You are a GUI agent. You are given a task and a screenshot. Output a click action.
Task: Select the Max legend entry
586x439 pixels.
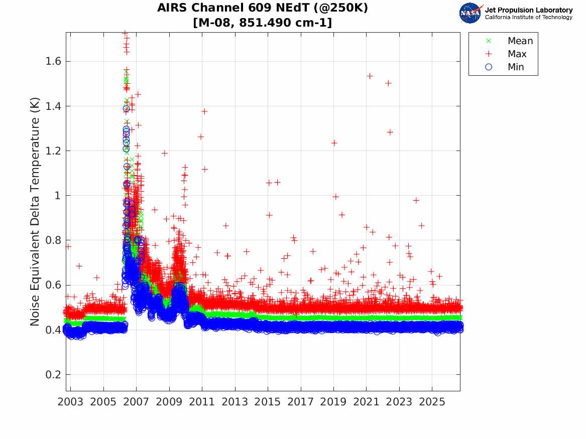click(506, 54)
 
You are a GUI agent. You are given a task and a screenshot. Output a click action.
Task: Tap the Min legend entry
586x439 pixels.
click(505, 67)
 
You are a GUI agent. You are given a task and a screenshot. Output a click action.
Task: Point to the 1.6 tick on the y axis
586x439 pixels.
click(53, 61)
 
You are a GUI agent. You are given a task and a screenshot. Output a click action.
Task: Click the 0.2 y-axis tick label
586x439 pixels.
click(53, 374)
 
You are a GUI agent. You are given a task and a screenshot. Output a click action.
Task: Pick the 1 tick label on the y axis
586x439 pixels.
click(58, 195)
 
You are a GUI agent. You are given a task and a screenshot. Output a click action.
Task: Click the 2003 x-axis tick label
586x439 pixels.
click(70, 402)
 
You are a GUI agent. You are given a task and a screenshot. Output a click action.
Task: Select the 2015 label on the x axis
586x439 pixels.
click(268, 402)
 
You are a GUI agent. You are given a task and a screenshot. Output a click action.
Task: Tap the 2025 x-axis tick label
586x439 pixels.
click(432, 402)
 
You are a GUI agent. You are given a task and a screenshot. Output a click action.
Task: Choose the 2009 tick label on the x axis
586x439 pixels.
click(169, 402)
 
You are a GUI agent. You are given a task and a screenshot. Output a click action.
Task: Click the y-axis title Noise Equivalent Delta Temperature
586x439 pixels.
click(35, 212)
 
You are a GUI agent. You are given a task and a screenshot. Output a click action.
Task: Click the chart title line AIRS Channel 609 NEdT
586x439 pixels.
click(263, 8)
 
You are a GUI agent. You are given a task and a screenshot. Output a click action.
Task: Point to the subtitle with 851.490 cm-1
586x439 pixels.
click(263, 23)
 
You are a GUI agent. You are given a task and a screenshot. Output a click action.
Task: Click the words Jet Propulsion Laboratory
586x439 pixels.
click(529, 10)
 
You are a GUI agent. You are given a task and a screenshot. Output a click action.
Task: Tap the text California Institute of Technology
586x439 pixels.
click(529, 17)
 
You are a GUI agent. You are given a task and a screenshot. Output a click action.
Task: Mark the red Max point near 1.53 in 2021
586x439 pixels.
click(370, 76)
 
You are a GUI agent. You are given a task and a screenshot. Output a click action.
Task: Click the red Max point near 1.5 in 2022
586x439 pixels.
click(388, 83)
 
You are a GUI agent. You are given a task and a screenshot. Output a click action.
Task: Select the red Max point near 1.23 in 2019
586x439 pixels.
click(334, 143)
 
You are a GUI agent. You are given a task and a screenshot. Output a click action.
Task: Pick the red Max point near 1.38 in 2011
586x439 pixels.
click(204, 111)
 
